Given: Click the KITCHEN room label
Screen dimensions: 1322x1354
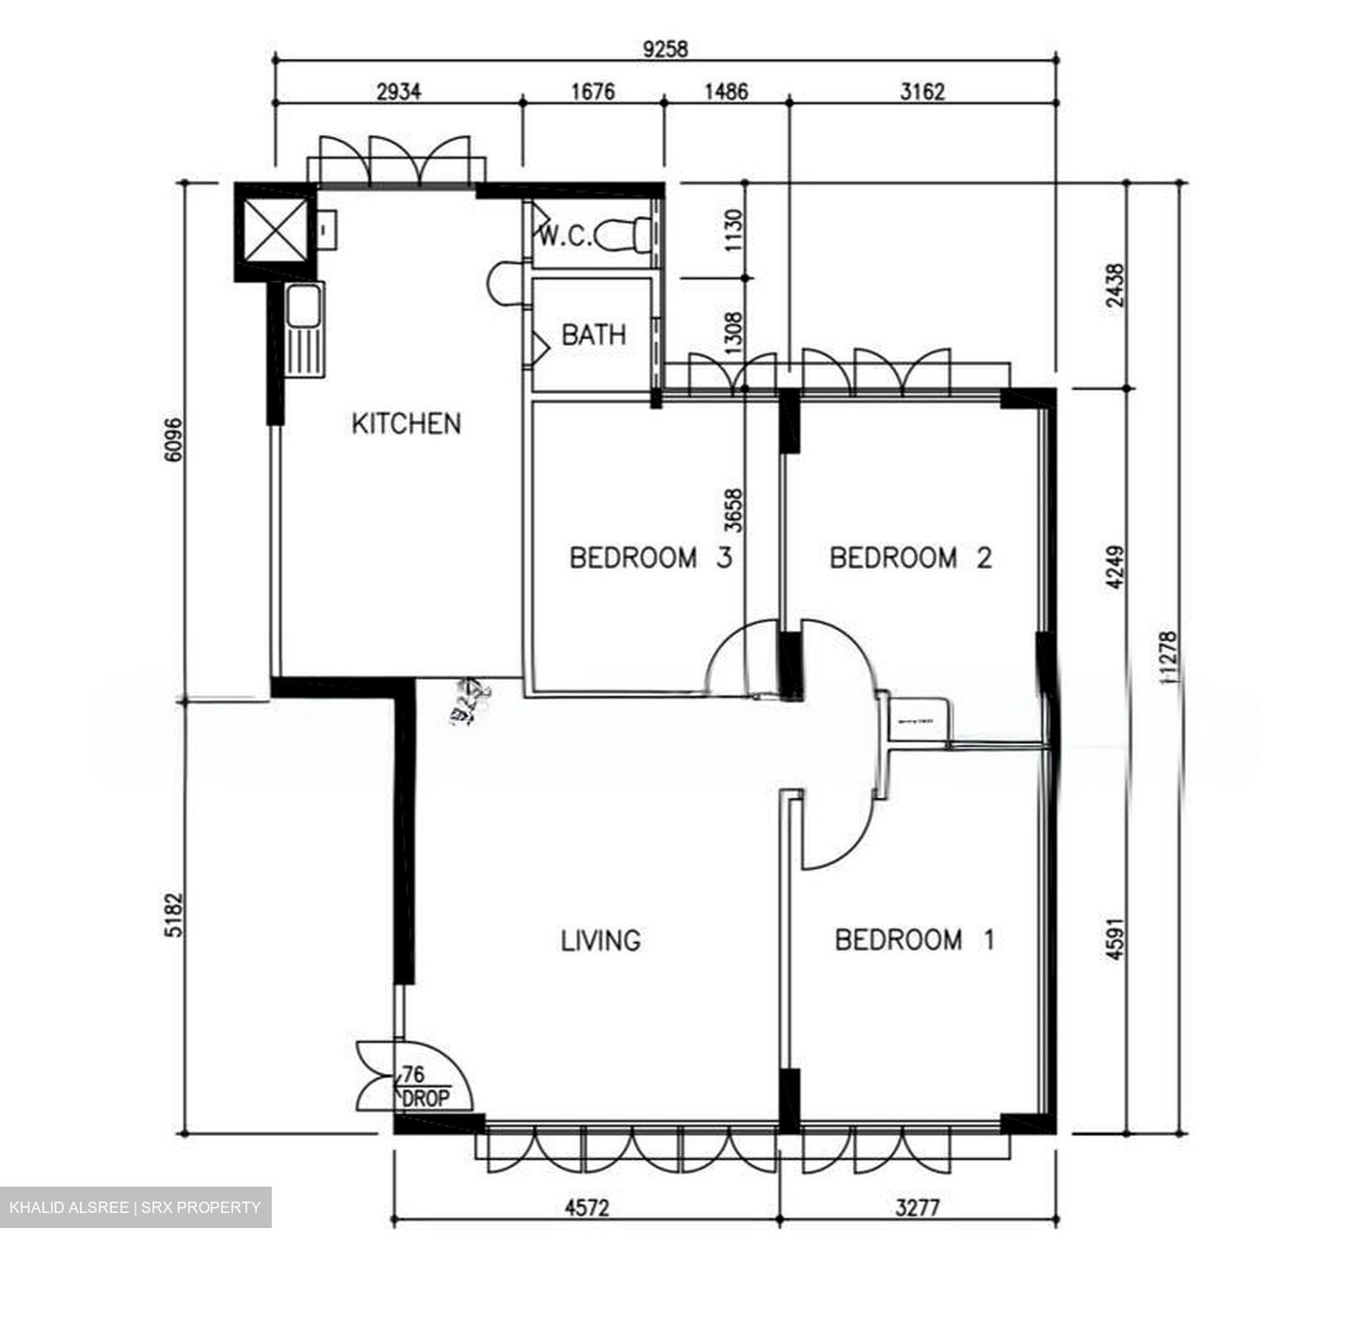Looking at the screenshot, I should tap(406, 423).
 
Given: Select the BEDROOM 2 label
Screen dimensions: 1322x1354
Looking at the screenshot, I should tap(910, 558).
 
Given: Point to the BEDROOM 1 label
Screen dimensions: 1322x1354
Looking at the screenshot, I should tap(914, 939).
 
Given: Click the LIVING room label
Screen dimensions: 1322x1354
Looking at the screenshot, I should tap(601, 939).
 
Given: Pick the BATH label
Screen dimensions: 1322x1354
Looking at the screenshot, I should tap(593, 335).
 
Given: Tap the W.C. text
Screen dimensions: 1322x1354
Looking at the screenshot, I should tap(564, 236).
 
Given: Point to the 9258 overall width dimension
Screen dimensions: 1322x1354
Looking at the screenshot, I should tap(665, 49).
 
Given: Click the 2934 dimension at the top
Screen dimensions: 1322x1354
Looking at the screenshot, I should tap(399, 91).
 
